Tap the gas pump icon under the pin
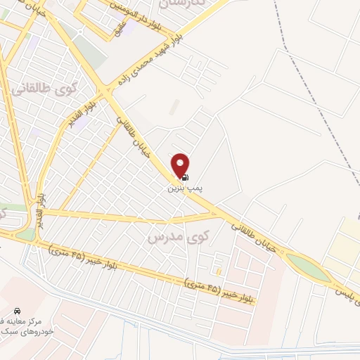(x=185, y=177)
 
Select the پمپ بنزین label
(x=177, y=188)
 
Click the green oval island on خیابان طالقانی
(x=309, y=267)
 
